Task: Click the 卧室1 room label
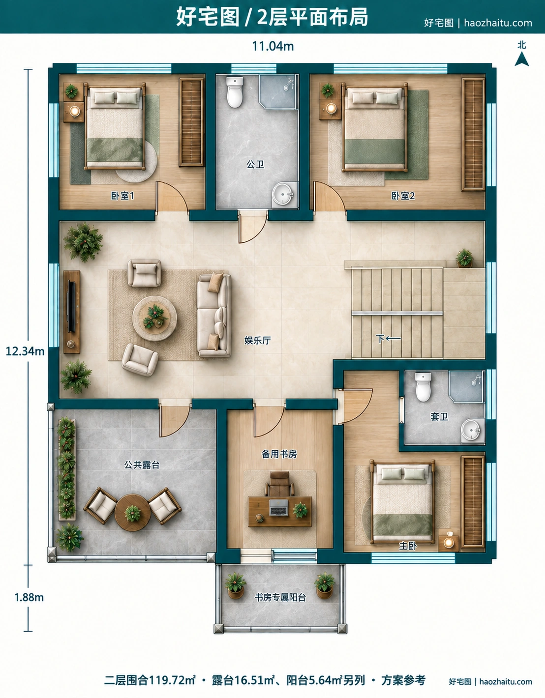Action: [122, 196]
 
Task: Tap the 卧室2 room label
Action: [403, 196]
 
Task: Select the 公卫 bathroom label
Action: [255, 165]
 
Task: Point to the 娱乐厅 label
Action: [258, 341]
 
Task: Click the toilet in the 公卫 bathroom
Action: [235, 92]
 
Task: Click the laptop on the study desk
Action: [278, 507]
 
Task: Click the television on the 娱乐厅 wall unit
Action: [71, 307]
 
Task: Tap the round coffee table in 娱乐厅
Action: [154, 318]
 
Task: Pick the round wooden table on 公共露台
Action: [132, 513]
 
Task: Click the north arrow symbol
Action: [521, 59]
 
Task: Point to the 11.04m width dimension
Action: [273, 46]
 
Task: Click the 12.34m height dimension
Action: [25, 351]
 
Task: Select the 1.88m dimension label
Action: [29, 597]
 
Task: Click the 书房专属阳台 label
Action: [280, 597]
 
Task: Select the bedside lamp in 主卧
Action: [448, 543]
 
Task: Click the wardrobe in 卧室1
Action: [191, 122]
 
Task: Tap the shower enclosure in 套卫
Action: [466, 386]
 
